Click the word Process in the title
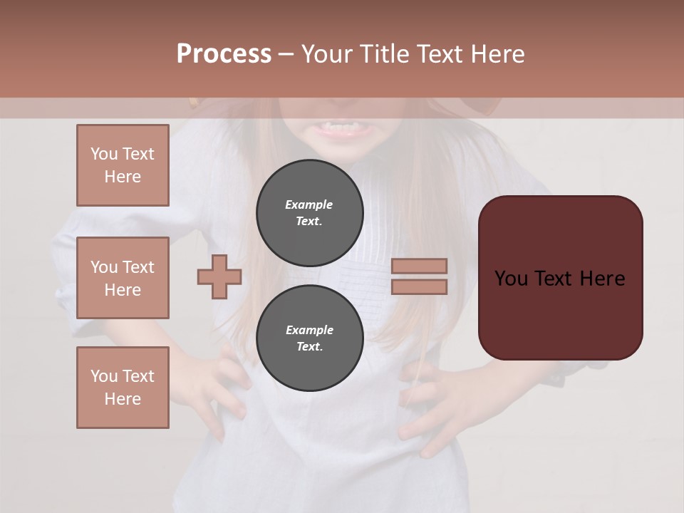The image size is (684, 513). pos(224,54)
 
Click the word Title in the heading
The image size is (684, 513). pos(382,54)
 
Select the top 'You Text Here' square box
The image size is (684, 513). pos(123,165)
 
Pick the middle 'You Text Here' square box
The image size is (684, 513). pos(123,278)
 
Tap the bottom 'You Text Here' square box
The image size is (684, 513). pos(123,388)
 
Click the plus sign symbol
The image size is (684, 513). pos(219,276)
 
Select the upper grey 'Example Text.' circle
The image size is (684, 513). pos(309,212)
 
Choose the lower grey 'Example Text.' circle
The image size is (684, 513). pos(309,338)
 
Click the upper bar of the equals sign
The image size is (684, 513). pos(419,266)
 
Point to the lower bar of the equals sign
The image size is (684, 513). pos(419,286)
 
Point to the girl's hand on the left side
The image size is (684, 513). pos(214,385)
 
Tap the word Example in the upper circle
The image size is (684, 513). pos(309,204)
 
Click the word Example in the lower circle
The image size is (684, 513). pos(309,330)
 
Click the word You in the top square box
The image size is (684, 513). pos(104,154)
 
